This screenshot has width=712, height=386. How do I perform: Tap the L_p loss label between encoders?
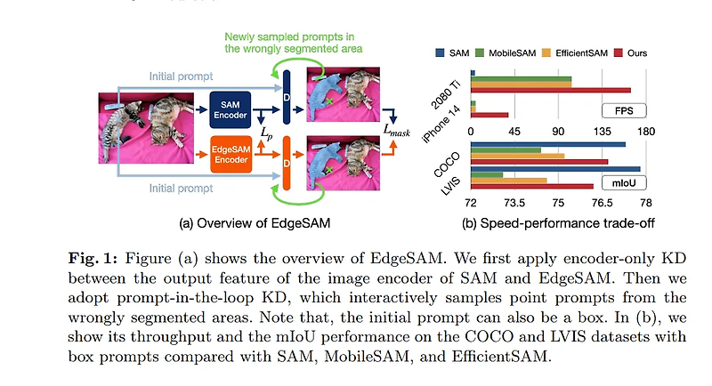(266, 133)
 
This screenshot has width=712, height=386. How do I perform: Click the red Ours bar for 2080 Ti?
(551, 90)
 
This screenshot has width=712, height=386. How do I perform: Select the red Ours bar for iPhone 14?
(489, 115)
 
